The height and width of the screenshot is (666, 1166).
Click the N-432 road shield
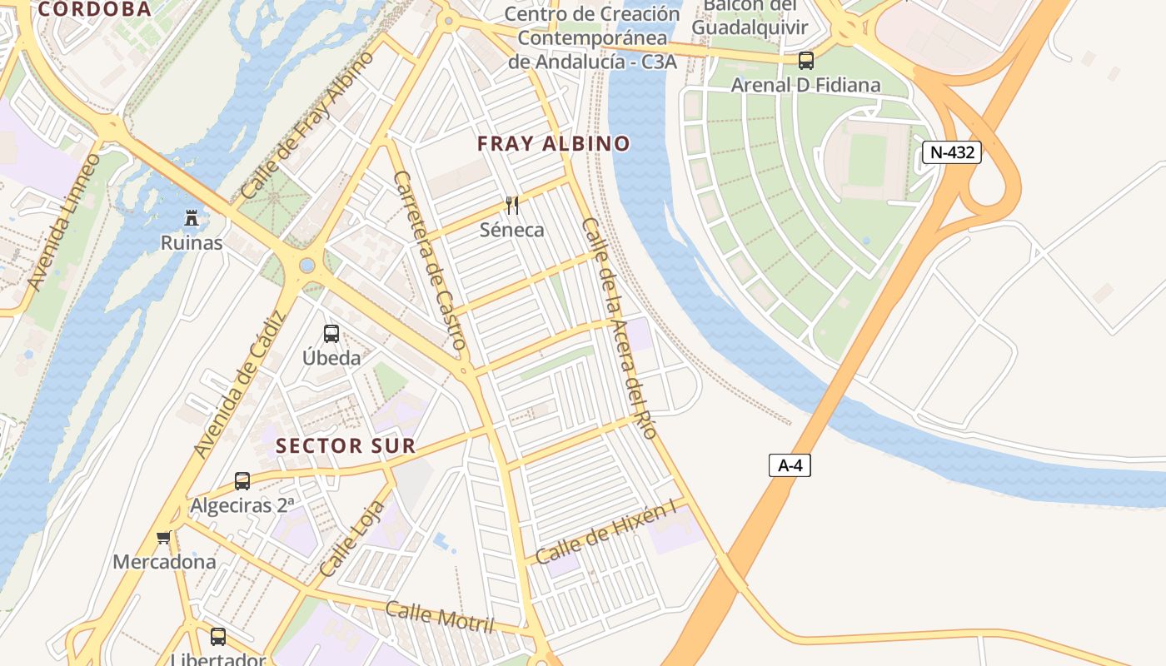(x=951, y=152)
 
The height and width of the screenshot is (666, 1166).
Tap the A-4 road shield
(x=790, y=465)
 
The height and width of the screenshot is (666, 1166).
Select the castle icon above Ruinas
(x=192, y=219)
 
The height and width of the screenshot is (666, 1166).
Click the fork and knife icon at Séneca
(x=512, y=206)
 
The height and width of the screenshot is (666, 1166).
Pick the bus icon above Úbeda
(x=331, y=334)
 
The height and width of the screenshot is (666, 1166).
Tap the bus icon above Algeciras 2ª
(x=242, y=481)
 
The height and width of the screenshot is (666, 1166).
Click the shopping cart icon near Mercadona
(x=164, y=538)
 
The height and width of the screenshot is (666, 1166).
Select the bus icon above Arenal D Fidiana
(x=805, y=61)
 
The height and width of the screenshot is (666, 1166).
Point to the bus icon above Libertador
(x=218, y=637)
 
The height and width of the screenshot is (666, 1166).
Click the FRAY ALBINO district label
(x=554, y=144)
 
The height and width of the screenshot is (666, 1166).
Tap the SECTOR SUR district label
(x=346, y=446)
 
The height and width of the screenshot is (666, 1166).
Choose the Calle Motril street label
(x=439, y=616)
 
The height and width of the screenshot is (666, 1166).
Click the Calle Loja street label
(x=354, y=539)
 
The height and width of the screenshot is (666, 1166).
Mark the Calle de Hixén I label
(x=605, y=534)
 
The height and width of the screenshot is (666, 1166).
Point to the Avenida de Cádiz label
(x=240, y=383)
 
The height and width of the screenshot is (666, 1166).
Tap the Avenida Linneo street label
(x=63, y=221)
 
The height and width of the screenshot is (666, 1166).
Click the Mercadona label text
(x=164, y=562)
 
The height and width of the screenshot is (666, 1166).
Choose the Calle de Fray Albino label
(x=306, y=125)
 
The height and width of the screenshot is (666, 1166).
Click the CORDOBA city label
(x=95, y=9)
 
